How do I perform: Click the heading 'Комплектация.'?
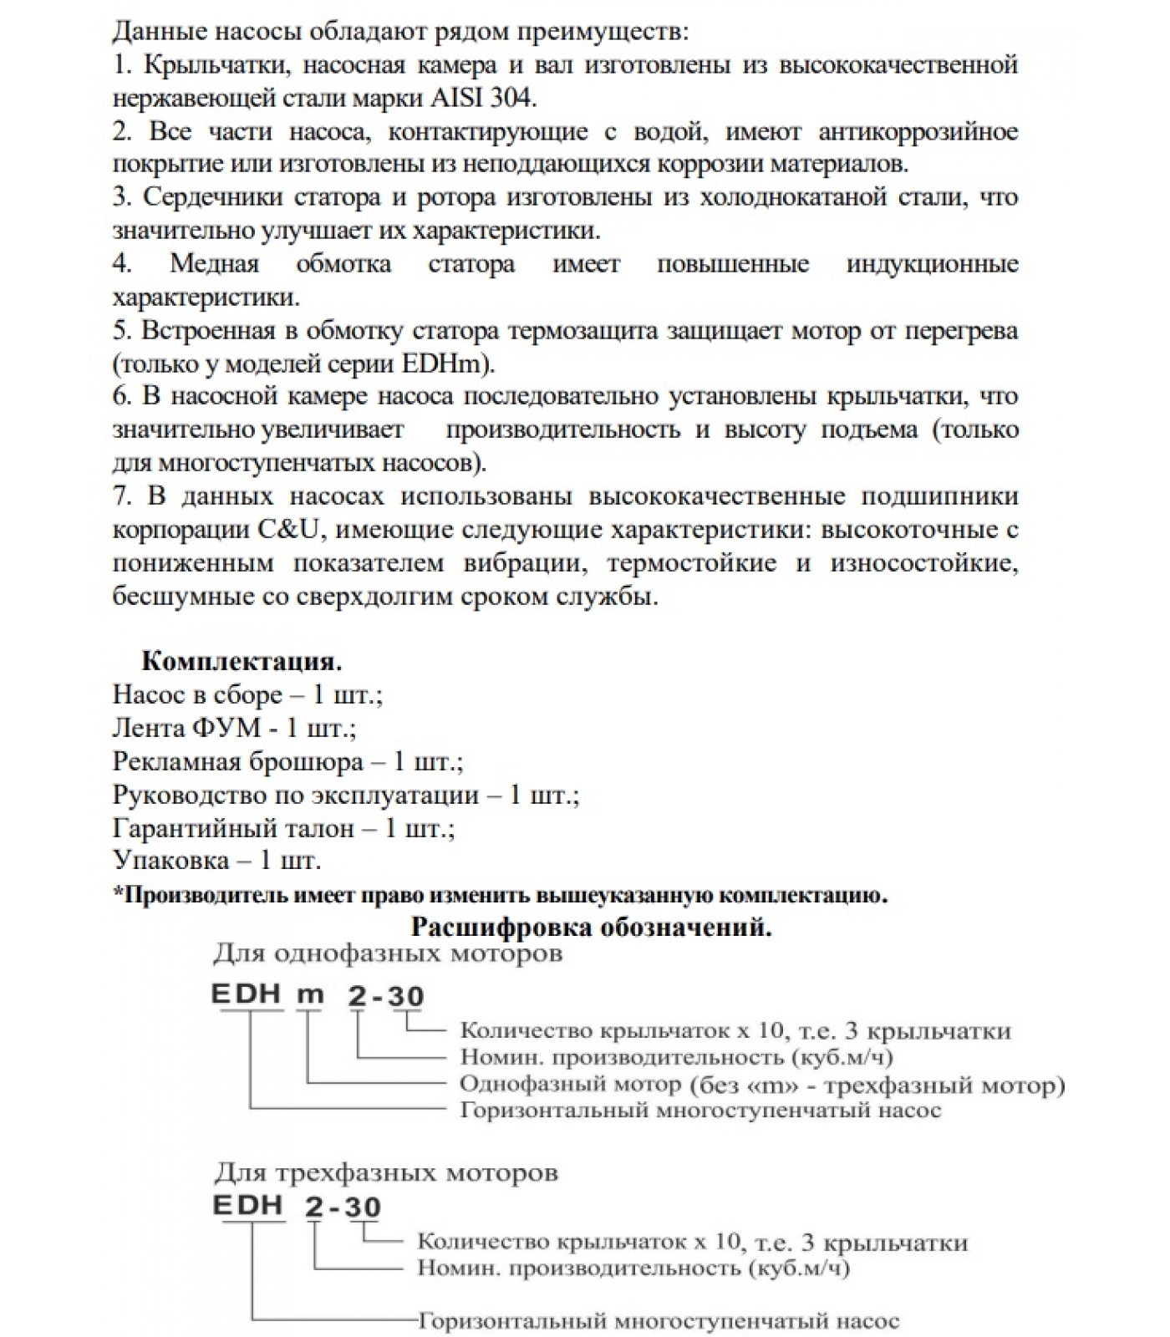click(242, 661)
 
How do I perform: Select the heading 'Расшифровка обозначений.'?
click(591, 927)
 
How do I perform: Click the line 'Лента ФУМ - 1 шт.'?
click(234, 728)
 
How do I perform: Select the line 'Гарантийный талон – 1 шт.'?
click(283, 828)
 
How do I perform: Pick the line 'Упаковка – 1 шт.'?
click(216, 861)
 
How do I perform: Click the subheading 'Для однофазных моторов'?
click(388, 953)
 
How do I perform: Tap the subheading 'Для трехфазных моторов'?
click(385, 1172)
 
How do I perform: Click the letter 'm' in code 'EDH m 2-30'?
click(311, 995)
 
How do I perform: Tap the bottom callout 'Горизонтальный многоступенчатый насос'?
click(658, 1322)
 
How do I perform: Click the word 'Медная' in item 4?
click(215, 264)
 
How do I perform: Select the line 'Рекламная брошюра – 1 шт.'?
click(287, 761)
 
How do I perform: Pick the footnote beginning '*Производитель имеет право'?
click(500, 895)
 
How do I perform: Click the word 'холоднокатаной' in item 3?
click(792, 198)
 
